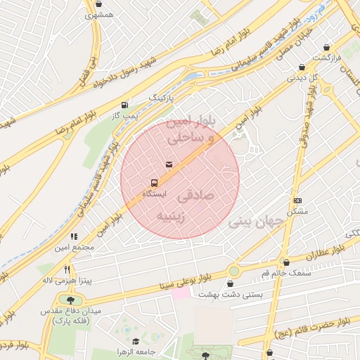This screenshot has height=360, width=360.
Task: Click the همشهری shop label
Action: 101,14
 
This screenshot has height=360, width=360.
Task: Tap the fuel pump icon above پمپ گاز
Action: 125,103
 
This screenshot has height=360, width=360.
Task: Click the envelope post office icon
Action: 168,164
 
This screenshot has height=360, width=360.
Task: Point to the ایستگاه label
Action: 154,193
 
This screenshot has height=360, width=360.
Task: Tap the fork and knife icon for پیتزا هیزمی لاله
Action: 67,269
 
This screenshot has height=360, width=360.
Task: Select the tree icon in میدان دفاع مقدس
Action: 70,300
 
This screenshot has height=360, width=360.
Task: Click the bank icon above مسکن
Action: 297,201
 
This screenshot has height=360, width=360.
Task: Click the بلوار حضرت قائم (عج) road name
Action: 314,326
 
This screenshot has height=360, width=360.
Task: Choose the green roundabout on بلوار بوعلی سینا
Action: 233,271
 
